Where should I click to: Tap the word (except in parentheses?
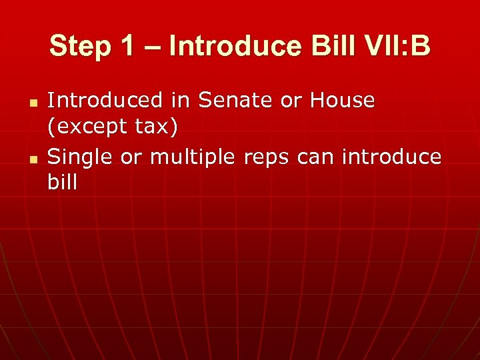coord(86,127)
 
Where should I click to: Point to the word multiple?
coord(192,157)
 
